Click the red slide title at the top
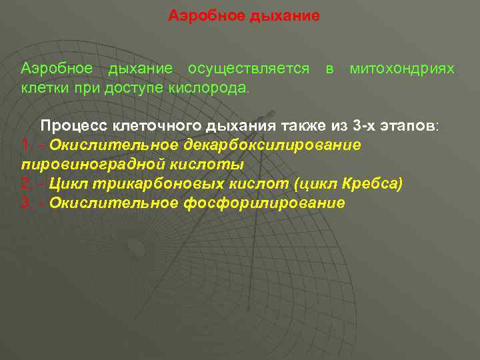(244, 15)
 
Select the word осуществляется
(248, 69)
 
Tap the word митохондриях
(403, 69)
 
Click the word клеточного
(151, 125)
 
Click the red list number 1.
(26, 145)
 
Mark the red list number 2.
(26, 183)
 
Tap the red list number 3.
(26, 203)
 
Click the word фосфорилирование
(263, 203)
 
